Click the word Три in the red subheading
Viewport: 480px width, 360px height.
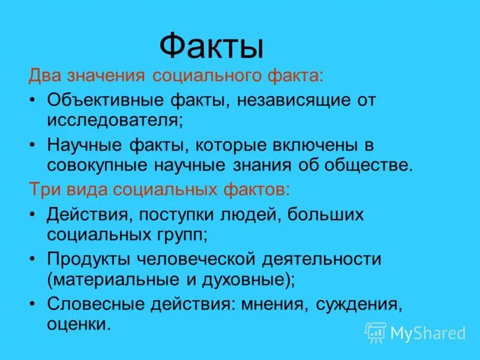(42, 189)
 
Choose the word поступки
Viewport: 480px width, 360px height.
(173, 215)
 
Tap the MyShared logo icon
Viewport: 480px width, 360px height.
(376, 332)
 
